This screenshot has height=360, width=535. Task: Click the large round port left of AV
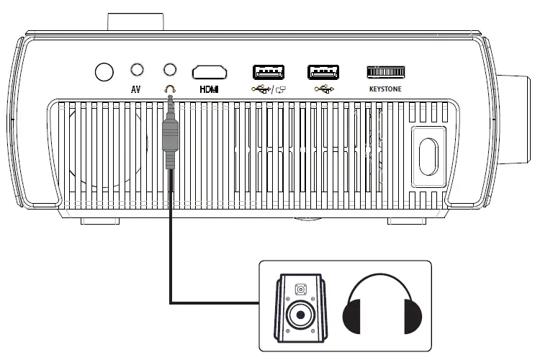(x=104, y=71)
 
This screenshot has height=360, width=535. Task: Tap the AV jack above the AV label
(x=137, y=69)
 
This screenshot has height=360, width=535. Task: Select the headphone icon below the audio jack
(x=170, y=89)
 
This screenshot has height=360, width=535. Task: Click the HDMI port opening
(x=209, y=71)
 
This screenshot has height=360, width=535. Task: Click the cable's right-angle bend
(x=171, y=303)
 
